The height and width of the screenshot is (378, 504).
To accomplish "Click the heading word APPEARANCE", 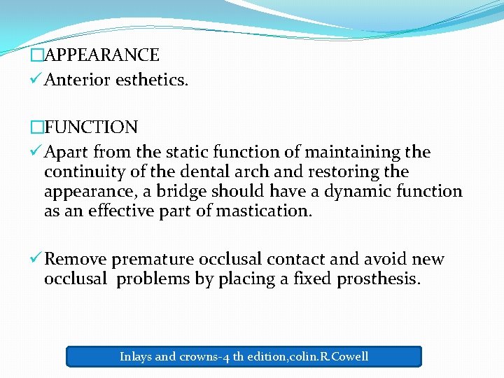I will [x=101, y=55].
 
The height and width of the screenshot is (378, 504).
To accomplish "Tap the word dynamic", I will [x=353, y=191].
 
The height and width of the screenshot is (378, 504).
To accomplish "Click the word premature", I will [x=153, y=260].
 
